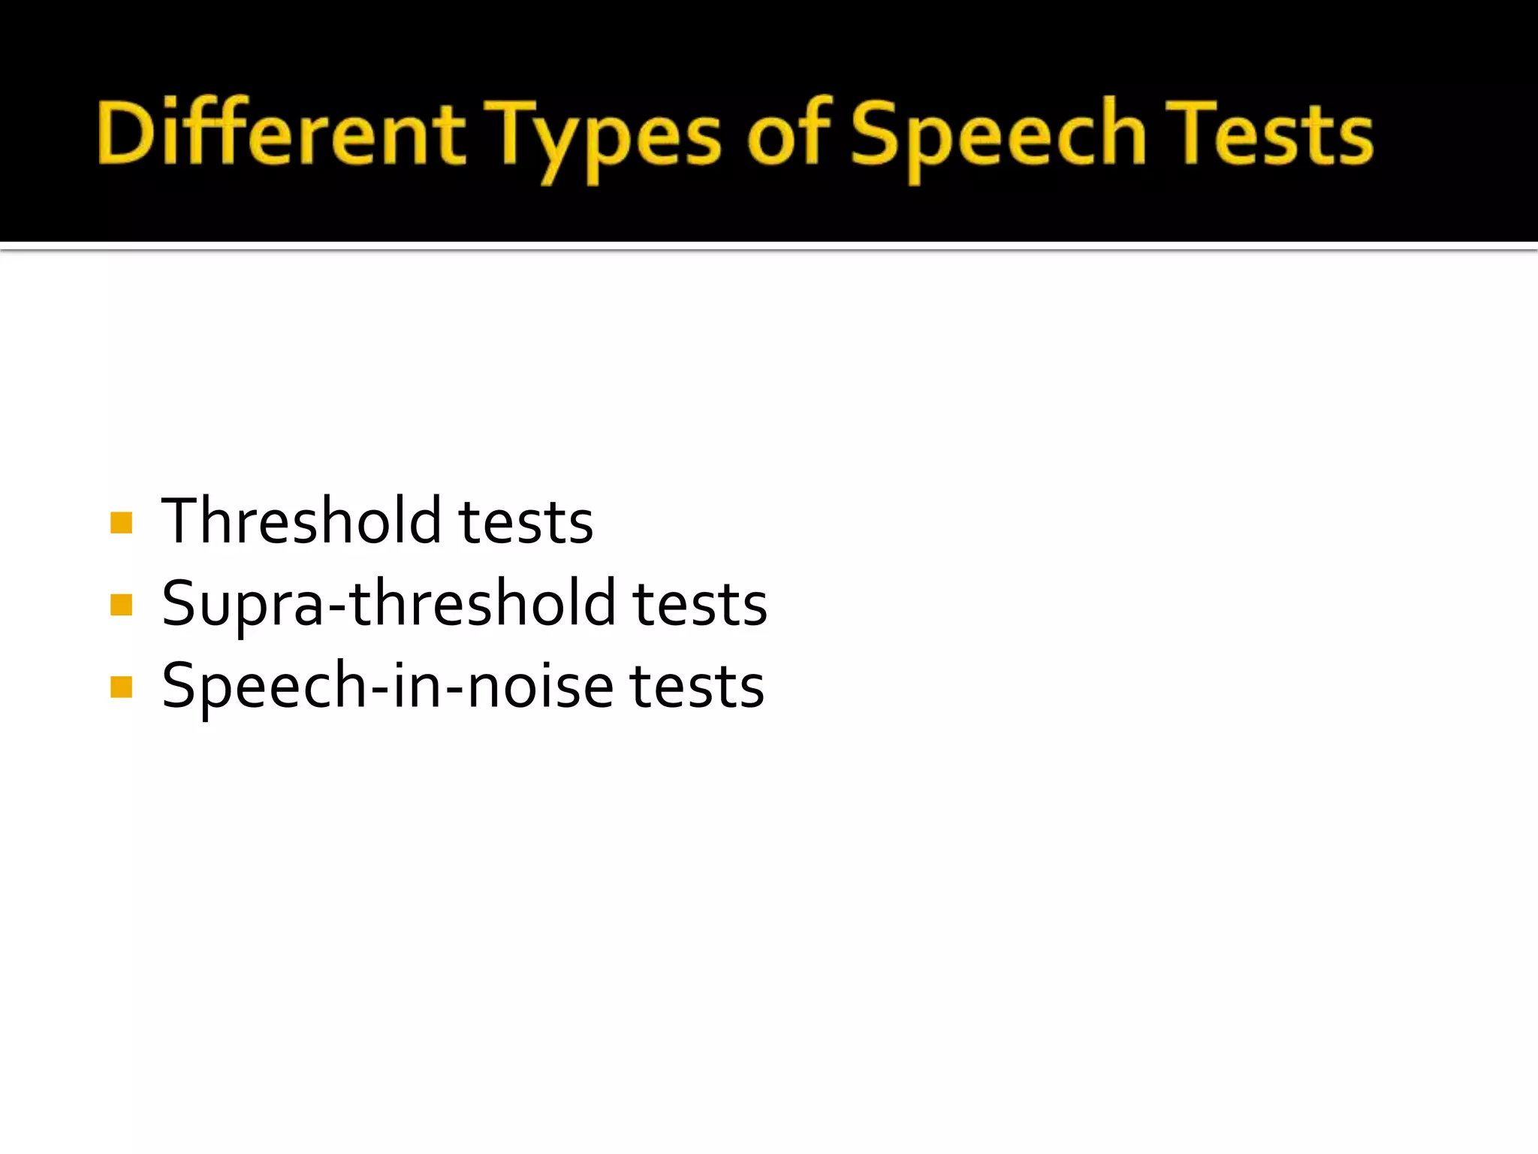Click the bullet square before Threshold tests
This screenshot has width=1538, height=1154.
pyautogui.click(x=121, y=522)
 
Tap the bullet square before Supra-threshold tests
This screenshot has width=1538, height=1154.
pyautogui.click(x=121, y=604)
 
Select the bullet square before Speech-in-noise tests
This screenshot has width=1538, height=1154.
pyautogui.click(x=121, y=687)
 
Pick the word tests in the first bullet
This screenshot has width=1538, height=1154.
pyautogui.click(x=526, y=522)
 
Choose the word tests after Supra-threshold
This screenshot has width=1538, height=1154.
pyautogui.click(x=700, y=604)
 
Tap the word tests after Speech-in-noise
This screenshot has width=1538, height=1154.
pyautogui.click(x=697, y=687)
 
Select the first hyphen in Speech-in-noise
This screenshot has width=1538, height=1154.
pyautogui.click(x=379, y=688)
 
